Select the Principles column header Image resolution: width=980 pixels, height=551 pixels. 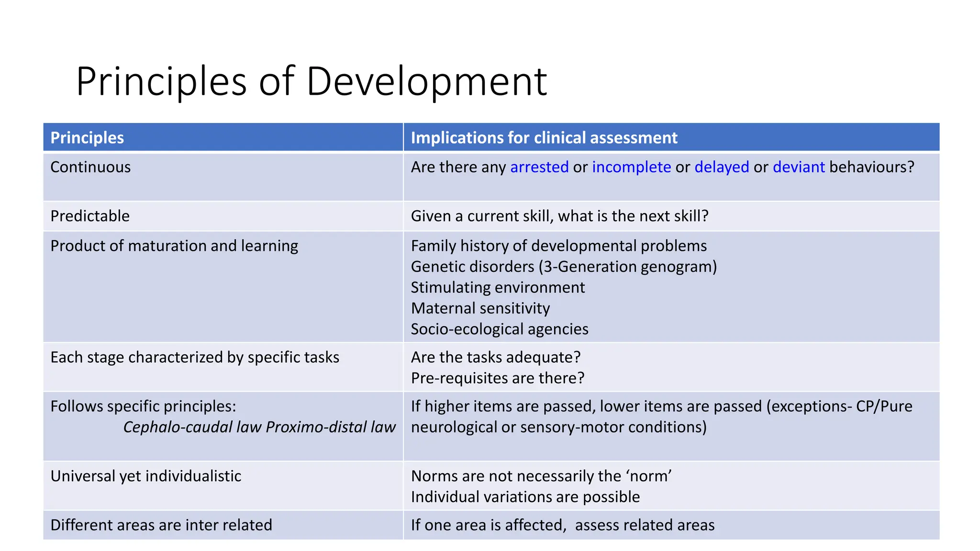[87, 138]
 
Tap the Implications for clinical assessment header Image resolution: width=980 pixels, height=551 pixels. [544, 138]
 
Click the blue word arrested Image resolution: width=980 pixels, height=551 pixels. [539, 167]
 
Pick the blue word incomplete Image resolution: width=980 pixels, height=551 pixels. [631, 167]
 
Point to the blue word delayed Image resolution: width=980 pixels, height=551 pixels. [722, 167]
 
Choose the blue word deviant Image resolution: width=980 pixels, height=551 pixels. [799, 167]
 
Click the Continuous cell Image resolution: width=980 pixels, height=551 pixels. [90, 167]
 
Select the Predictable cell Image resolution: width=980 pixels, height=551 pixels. [90, 216]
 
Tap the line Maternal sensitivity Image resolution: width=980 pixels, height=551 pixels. [480, 309]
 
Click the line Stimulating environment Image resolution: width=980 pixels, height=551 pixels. [498, 287]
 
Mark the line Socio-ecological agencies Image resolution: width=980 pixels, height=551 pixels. [500, 329]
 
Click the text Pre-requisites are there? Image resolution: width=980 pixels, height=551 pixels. [498, 378]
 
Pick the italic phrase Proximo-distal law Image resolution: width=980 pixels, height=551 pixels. [331, 427]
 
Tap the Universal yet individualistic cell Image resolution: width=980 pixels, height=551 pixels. [146, 476]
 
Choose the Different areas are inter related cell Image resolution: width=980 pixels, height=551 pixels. [161, 525]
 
